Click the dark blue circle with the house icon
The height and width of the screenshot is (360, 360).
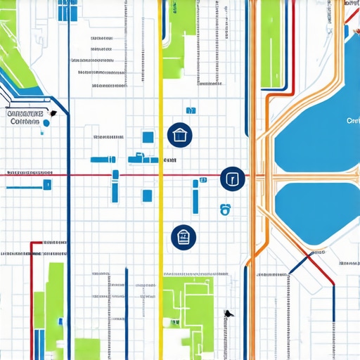point(180,135)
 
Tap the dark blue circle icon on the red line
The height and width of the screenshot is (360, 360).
point(233,179)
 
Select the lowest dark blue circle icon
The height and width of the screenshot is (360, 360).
point(184,238)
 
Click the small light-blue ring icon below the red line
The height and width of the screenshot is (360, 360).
point(225,208)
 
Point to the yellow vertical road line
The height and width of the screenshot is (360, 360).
point(161,211)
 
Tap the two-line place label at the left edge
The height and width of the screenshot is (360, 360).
point(25,117)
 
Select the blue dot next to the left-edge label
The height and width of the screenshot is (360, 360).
point(46,123)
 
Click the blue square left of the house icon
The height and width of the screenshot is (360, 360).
point(148,136)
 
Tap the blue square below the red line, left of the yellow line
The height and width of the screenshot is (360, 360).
point(147,195)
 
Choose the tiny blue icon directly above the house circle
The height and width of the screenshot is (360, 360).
point(190,110)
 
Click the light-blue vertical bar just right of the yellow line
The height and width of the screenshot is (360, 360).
point(195,196)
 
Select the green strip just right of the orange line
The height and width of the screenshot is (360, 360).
point(270,42)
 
